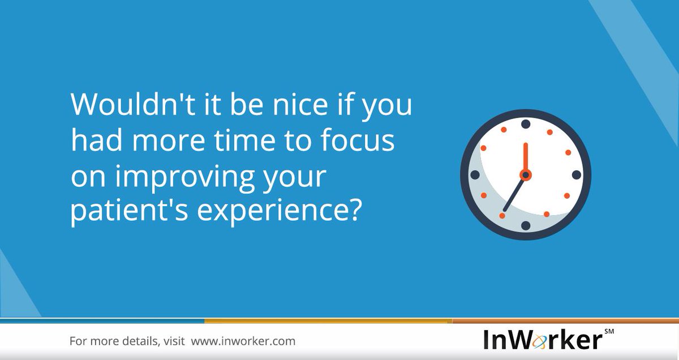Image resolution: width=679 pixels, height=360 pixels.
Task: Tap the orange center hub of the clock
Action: tap(525, 175)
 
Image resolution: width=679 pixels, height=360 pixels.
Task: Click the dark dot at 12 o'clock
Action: tap(526, 124)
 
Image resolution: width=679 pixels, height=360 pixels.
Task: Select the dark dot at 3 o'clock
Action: tap(576, 175)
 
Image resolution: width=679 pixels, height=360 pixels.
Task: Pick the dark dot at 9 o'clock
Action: tap(475, 175)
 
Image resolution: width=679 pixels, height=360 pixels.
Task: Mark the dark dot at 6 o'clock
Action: tap(526, 225)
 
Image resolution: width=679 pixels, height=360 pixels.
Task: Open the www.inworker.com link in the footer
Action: tap(243, 341)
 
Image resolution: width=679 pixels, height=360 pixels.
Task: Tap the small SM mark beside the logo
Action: tap(609, 331)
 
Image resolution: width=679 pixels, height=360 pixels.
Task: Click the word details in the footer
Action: tap(137, 341)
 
